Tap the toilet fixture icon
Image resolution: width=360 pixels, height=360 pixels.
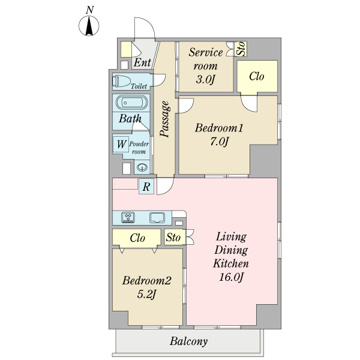click(x=121, y=81)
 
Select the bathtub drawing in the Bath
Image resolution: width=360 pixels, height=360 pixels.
click(x=132, y=103)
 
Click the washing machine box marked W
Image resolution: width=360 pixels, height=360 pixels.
click(x=121, y=145)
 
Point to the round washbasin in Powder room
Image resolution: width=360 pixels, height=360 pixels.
click(x=142, y=167)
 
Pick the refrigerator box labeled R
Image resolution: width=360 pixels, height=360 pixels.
click(x=146, y=187)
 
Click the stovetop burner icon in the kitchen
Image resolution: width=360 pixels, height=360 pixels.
click(x=128, y=217)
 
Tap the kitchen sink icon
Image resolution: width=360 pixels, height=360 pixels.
click(x=157, y=217)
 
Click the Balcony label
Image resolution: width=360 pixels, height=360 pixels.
click(x=189, y=341)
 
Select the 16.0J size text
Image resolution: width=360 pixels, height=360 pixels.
click(x=231, y=277)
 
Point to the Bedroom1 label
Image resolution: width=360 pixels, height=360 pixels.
click(x=219, y=128)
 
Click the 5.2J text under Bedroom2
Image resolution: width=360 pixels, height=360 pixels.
click(x=147, y=294)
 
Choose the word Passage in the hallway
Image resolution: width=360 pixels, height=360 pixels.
click(x=165, y=119)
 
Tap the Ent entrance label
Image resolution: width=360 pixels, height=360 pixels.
click(x=142, y=62)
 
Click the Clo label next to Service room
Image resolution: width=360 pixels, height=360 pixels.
click(x=257, y=76)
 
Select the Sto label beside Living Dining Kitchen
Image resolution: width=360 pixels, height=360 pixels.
click(x=173, y=237)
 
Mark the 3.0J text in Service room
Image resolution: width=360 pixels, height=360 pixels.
click(x=205, y=79)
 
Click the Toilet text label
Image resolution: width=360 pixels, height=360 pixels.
click(x=139, y=86)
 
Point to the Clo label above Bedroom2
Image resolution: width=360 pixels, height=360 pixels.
click(x=137, y=238)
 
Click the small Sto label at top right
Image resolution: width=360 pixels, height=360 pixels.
click(x=241, y=49)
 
